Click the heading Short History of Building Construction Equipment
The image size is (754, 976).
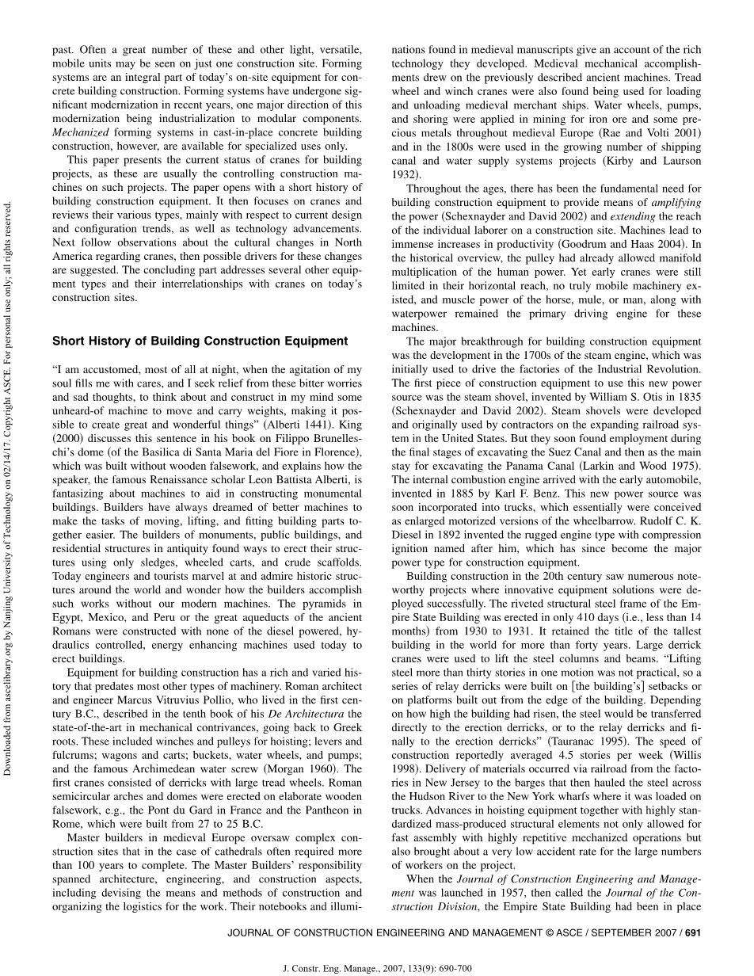click(200, 341)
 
